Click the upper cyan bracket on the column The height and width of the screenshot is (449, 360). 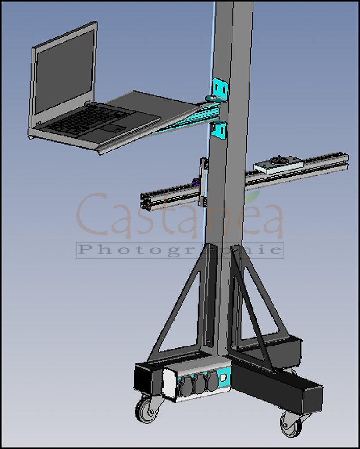221,89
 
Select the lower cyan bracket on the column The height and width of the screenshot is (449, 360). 219,130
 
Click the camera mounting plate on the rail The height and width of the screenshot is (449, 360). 278,165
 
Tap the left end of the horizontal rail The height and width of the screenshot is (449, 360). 145,201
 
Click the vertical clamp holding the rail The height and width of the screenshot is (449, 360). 203,182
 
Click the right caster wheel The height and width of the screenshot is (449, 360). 291,424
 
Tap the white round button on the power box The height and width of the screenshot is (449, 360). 223,377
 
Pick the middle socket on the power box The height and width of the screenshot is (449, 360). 200,383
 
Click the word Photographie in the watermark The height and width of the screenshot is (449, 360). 180,250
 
